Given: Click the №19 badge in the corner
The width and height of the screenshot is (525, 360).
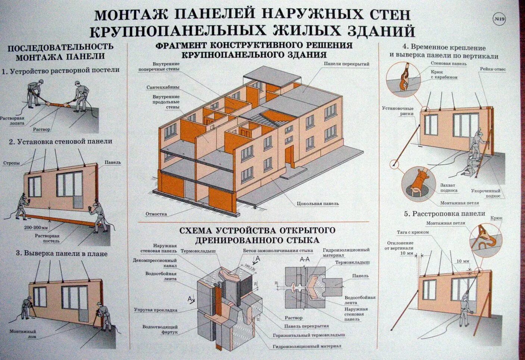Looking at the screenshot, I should (x=499, y=20).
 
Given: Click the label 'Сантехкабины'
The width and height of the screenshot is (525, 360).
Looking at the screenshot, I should (x=163, y=87).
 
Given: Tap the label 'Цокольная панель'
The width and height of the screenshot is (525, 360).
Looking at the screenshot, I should (x=318, y=204).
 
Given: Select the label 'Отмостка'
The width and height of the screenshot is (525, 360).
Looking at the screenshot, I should (x=156, y=214).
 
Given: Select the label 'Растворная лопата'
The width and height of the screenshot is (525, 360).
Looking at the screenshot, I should (x=12, y=120).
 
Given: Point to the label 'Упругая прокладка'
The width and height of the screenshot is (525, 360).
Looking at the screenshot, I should (x=156, y=310).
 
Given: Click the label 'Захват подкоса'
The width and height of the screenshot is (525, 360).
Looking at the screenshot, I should (x=449, y=187).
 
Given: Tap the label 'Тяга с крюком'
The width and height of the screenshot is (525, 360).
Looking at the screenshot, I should (x=413, y=232).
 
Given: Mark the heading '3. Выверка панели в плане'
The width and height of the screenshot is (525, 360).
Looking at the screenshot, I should (x=62, y=254).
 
